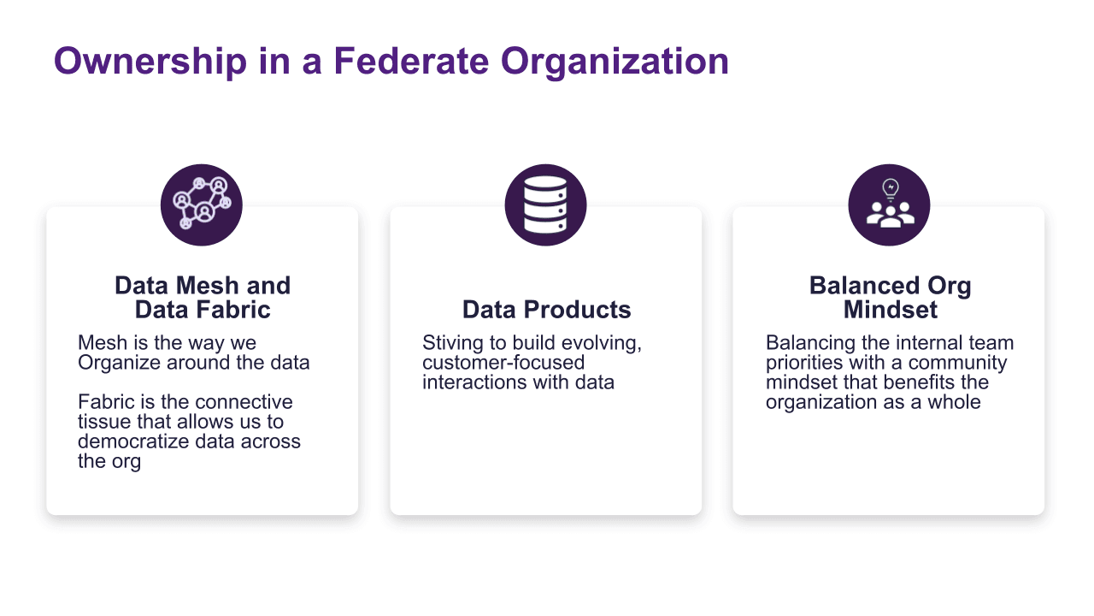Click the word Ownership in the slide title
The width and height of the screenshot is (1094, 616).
tap(150, 62)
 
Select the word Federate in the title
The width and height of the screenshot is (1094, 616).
tap(411, 61)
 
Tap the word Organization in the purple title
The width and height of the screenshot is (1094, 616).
tap(615, 62)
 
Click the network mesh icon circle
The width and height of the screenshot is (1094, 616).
tap(201, 204)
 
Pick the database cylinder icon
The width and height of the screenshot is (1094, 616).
tap(545, 204)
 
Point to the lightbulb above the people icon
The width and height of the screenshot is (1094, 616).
tap(891, 190)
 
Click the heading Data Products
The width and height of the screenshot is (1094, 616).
tap(546, 310)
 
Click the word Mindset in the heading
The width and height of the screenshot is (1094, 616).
tap(891, 310)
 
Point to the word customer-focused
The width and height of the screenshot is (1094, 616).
tap(503, 363)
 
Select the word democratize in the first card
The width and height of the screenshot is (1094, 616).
tap(132, 441)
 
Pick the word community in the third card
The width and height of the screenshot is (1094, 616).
tap(957, 363)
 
